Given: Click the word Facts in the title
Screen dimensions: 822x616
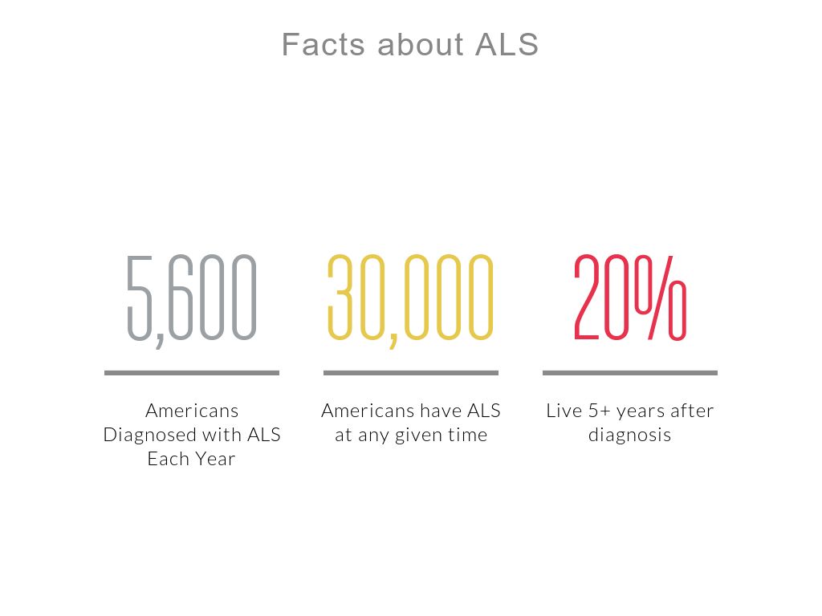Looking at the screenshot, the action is [323, 44].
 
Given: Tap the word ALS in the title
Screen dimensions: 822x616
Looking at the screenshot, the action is [507, 44].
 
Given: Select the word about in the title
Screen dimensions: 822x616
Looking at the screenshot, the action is [420, 44].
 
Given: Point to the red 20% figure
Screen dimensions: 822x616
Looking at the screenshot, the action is [630, 297].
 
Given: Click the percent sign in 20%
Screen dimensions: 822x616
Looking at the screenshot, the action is [661, 297].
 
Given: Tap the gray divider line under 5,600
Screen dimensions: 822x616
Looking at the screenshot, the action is [192, 373].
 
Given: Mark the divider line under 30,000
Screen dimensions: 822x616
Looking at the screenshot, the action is [411, 373].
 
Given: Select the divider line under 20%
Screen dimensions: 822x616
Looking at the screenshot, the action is [630, 373].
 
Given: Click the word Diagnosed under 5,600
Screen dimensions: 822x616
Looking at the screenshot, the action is [150, 436].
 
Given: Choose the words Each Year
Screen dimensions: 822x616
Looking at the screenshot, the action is [191, 459].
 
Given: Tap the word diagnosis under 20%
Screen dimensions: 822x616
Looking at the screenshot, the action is [629, 436].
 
